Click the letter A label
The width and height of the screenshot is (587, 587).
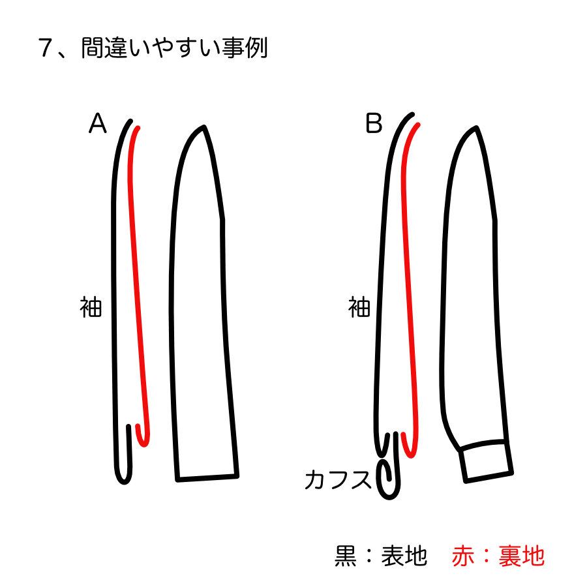pos(97,123)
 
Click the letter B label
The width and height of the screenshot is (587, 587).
pos(374,123)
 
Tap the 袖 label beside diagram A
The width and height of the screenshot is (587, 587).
pos(91,307)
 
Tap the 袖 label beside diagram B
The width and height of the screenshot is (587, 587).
pos(359,307)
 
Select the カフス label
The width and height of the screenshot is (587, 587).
pos(338,479)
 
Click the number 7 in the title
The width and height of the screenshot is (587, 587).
pos(45,48)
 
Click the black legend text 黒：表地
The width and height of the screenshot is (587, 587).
pos(381,556)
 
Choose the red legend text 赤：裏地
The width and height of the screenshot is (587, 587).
pos(498,556)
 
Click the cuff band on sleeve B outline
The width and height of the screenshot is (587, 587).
pos(485,462)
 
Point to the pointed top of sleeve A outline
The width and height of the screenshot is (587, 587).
pos(204,127)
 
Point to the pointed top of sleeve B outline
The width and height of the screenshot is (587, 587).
pos(476,128)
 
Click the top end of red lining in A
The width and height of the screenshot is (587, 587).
pos(138,128)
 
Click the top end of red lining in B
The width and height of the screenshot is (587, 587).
pos(417,125)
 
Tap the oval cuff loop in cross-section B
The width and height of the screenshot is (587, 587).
pos(388,480)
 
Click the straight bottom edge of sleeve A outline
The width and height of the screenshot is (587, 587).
pos(207,477)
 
